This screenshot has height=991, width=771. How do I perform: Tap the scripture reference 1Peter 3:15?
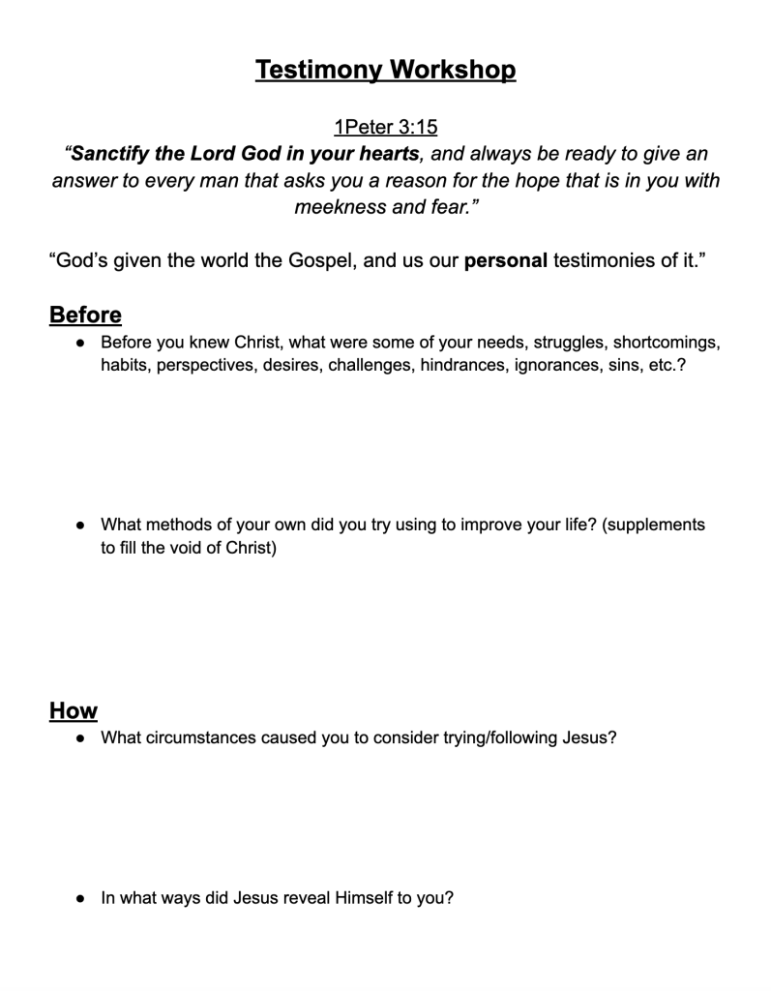pyautogui.click(x=385, y=127)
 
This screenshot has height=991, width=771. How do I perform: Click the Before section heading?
pyautogui.click(x=85, y=315)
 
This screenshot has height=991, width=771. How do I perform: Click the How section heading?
pyautogui.click(x=74, y=711)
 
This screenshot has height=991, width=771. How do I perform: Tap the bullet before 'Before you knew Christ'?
pyautogui.click(x=80, y=343)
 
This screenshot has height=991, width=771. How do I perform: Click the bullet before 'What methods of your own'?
pyautogui.click(x=80, y=526)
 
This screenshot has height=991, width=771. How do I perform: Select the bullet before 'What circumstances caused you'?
pyautogui.click(x=80, y=738)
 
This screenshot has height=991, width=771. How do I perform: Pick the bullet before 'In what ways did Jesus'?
pyautogui.click(x=80, y=898)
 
